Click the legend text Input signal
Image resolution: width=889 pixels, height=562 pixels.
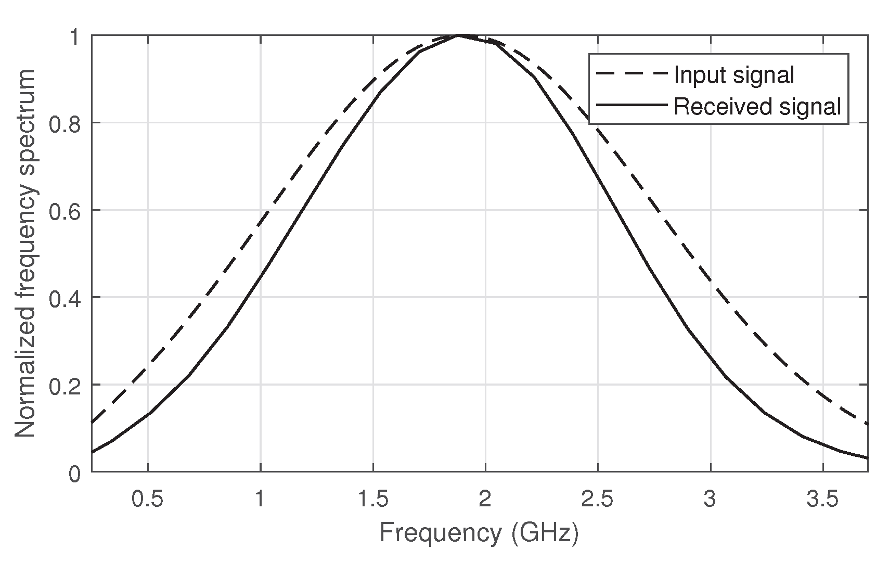[x=734, y=75]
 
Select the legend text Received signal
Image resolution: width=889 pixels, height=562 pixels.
[x=757, y=106]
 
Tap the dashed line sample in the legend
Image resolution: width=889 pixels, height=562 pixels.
[x=632, y=74]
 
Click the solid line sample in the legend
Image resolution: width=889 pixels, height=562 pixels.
[x=632, y=105]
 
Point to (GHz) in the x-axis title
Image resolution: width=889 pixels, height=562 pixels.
[x=545, y=533]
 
